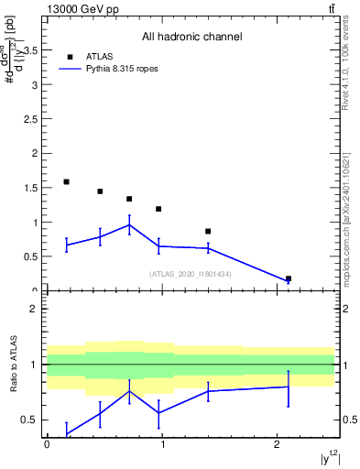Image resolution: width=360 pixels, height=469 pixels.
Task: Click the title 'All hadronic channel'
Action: point(191,37)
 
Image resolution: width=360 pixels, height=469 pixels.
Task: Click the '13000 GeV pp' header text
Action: point(79,9)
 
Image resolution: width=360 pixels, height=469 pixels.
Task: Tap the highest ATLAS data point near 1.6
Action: point(66,182)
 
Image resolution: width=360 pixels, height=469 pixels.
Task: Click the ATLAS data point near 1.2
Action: point(158,209)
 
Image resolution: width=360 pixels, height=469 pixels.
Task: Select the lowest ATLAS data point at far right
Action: point(289,278)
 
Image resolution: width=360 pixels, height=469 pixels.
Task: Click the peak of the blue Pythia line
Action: point(129,224)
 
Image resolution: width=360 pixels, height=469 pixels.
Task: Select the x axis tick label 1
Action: point(162,444)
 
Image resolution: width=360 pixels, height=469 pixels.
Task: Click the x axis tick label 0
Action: point(47,444)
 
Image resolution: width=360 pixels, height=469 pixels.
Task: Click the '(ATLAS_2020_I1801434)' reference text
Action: point(191,274)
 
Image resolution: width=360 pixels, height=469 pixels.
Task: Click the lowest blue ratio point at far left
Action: point(66,433)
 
